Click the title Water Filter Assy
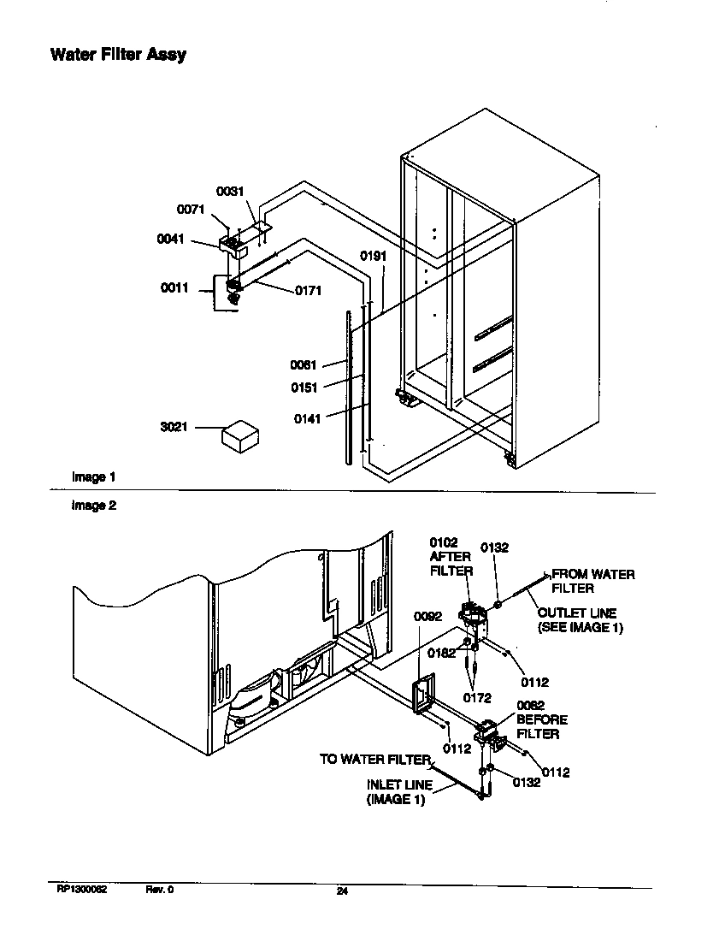(x=117, y=56)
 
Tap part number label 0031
(x=230, y=192)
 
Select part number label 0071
(x=191, y=209)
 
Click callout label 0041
(x=171, y=240)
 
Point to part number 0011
(x=174, y=288)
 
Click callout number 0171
(x=308, y=291)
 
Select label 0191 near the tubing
(x=374, y=256)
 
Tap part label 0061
(x=304, y=365)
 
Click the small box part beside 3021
(x=240, y=436)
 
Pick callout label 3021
(x=174, y=427)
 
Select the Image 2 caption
(x=93, y=506)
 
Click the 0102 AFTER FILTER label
(x=450, y=556)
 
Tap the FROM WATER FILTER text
(x=592, y=581)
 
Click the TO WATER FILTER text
(x=374, y=759)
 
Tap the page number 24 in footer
(x=342, y=892)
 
